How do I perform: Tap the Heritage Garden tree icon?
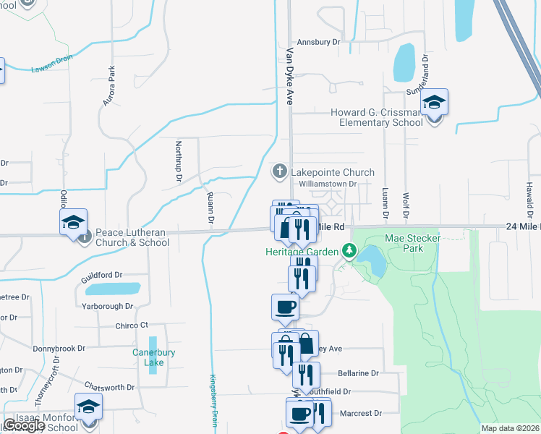[350, 251]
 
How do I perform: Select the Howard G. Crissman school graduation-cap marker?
[435, 103]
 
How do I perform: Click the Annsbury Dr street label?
[313, 43]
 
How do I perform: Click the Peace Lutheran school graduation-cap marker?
[73, 223]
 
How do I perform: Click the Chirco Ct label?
[132, 325]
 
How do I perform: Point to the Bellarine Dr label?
[358, 373]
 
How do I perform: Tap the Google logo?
[24, 425]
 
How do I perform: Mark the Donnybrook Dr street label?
[59, 348]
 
